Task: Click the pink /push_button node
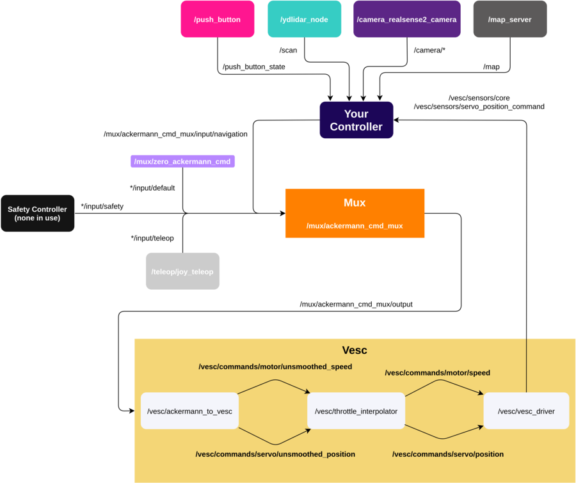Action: [218, 19]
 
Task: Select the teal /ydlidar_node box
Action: [304, 19]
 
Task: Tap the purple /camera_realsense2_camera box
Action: [406, 19]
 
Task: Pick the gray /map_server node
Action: [510, 19]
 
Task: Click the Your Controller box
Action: [356, 120]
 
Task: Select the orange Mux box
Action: [355, 214]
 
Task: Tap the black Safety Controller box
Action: [38, 214]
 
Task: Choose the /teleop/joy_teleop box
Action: [182, 271]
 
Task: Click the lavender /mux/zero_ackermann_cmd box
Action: [182, 162]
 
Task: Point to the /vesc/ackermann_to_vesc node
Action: [189, 411]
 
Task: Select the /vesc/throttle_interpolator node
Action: [356, 411]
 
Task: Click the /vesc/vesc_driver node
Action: [526, 411]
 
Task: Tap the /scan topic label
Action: [289, 51]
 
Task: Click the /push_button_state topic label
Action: [254, 67]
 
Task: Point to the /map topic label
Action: [491, 67]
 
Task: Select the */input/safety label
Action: [102, 207]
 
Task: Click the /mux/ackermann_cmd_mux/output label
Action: [356, 305]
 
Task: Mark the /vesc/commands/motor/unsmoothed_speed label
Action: [275, 367]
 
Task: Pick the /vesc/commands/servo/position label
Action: [448, 454]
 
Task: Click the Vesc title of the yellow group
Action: [355, 350]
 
